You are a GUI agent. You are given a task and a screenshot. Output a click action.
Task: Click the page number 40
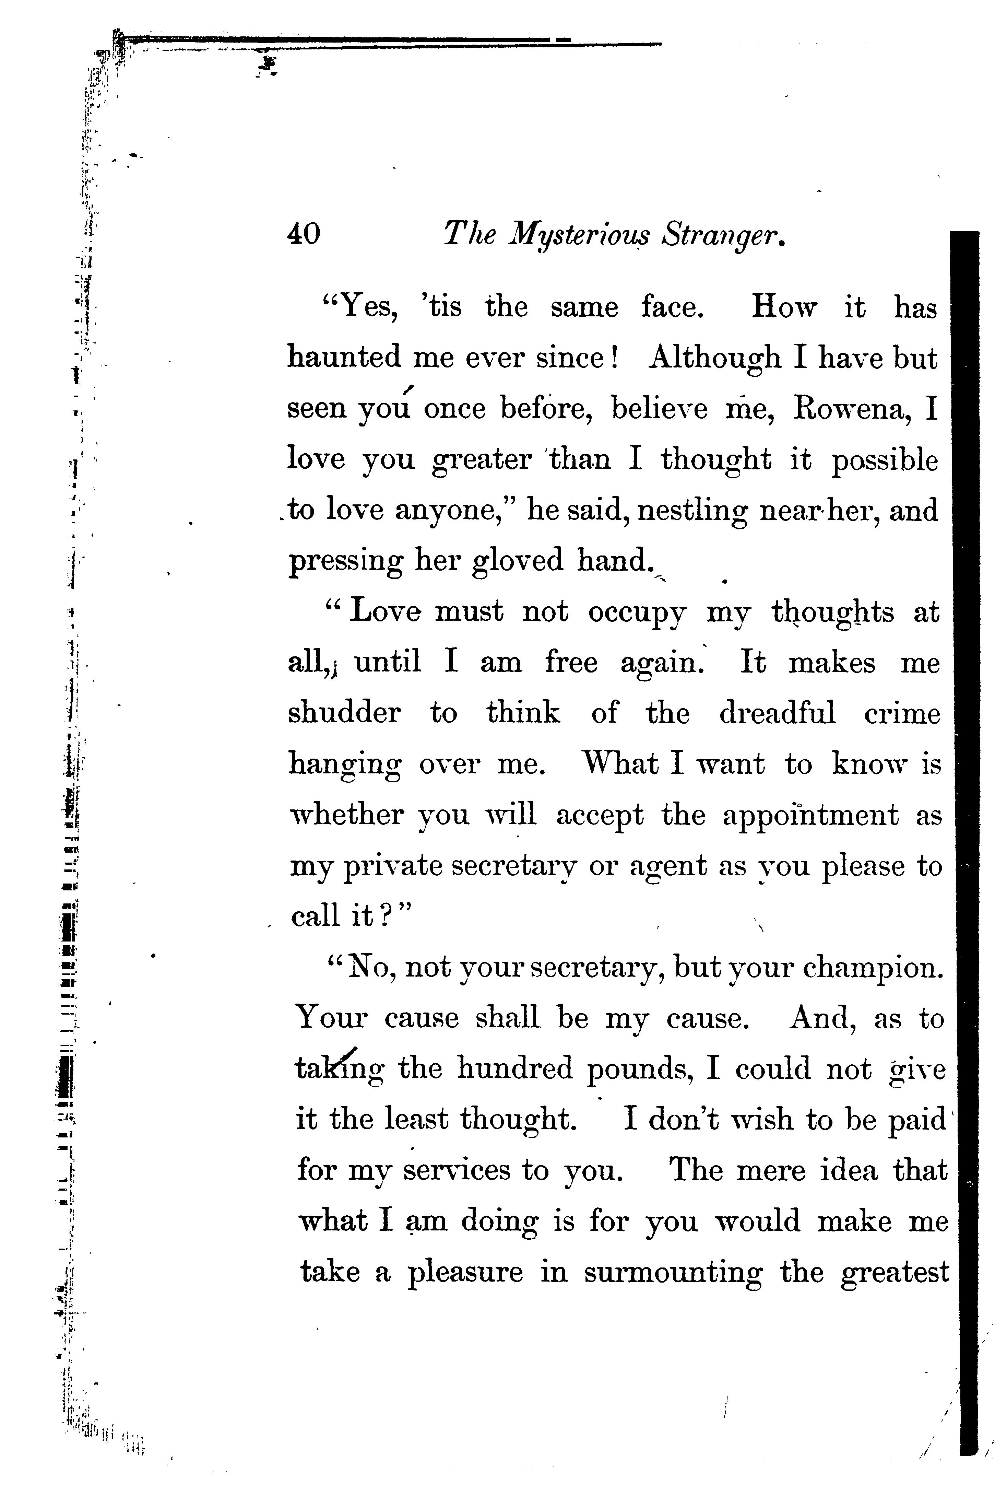click(x=304, y=234)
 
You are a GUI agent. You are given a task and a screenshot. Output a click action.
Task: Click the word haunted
click(x=345, y=357)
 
